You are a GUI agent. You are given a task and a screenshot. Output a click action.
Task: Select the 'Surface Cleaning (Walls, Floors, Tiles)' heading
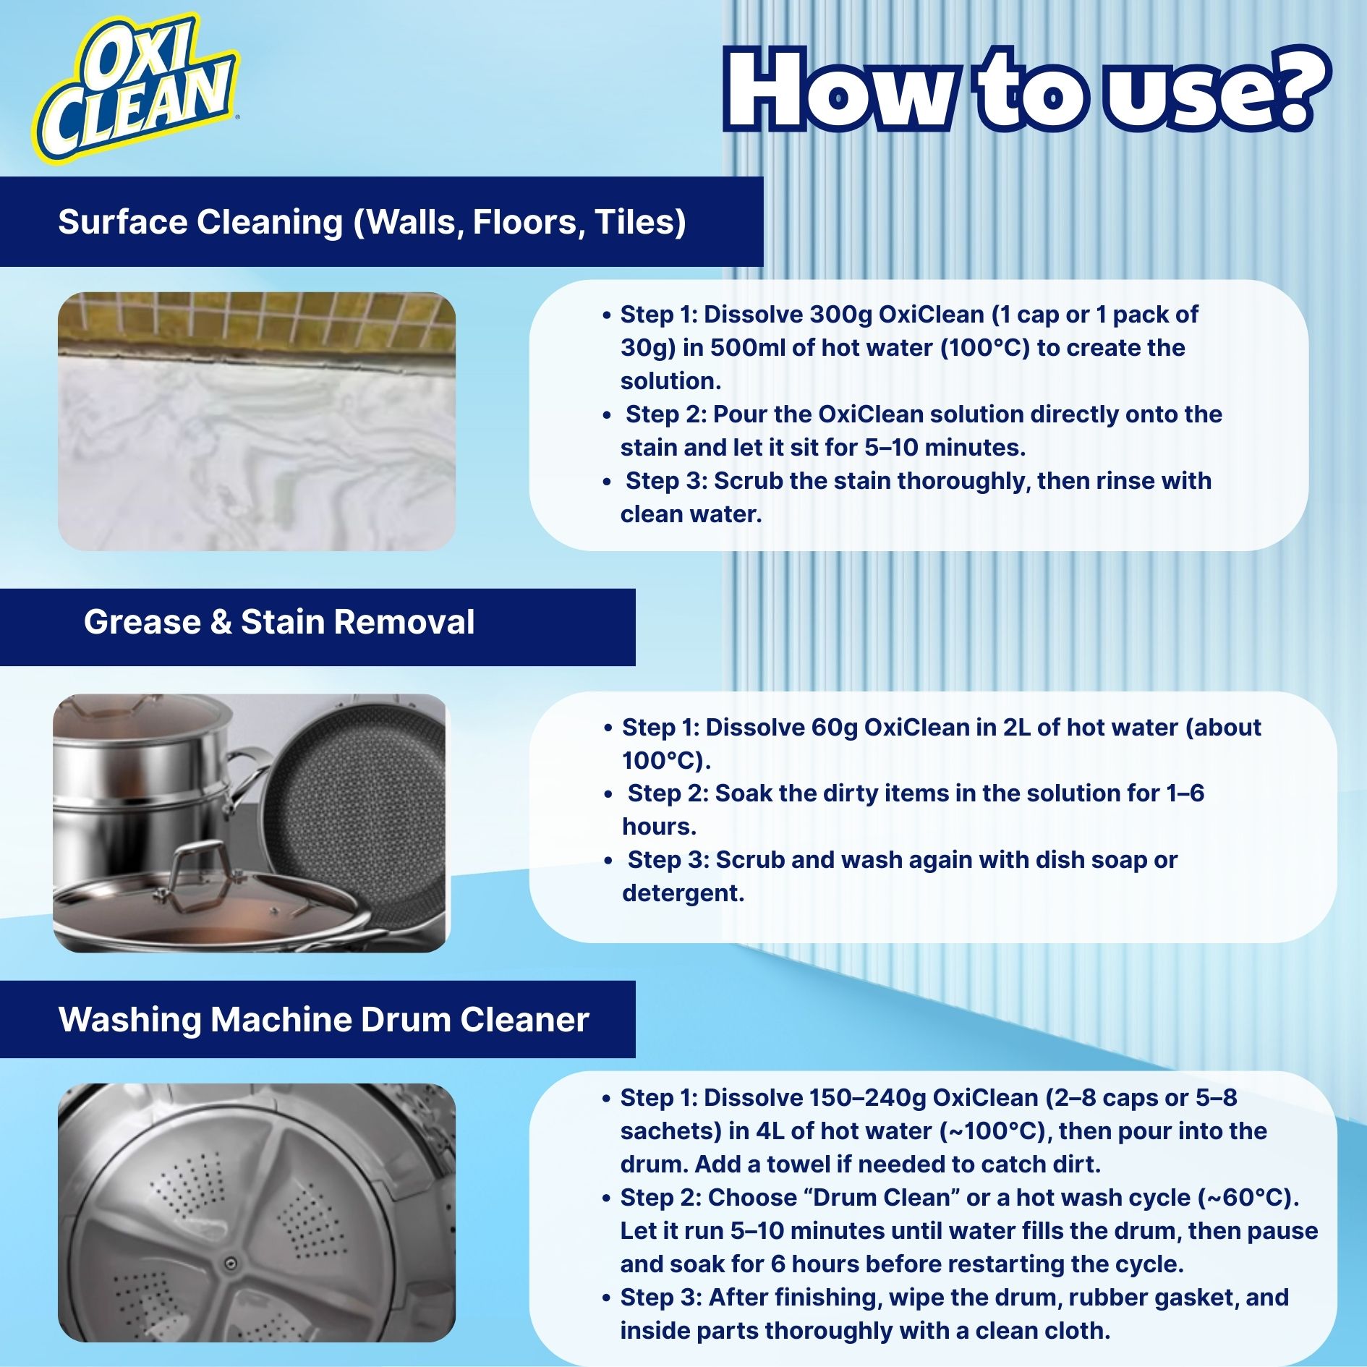click(372, 222)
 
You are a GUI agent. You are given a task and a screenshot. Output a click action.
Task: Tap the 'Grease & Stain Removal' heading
click(278, 622)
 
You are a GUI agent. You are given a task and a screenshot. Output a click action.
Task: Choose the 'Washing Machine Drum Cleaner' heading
click(323, 1020)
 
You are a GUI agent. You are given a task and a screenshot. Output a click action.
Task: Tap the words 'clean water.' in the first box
click(691, 514)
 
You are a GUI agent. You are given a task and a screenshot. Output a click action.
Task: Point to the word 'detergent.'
click(683, 893)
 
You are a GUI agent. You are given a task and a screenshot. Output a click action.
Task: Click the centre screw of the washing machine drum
click(231, 1263)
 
